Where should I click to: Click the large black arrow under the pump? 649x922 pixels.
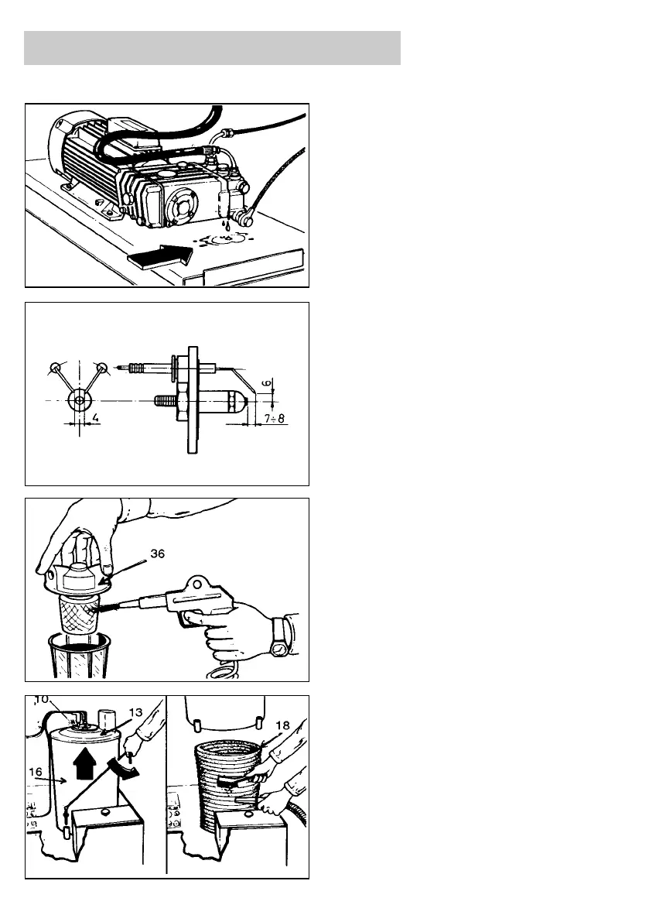point(158,257)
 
